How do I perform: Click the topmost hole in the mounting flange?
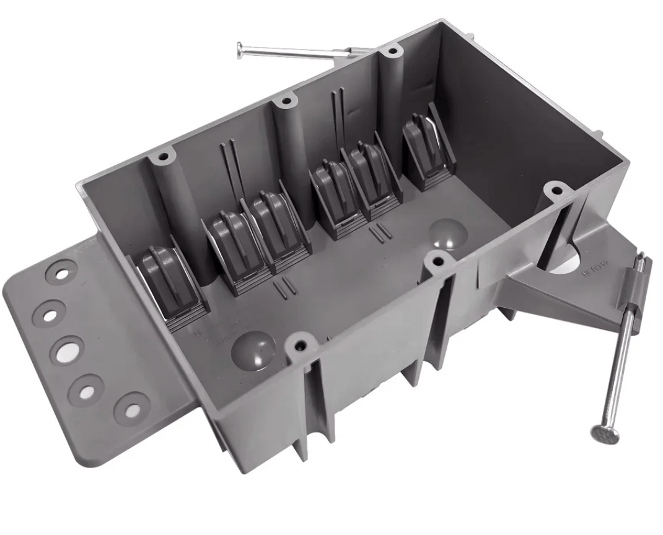(62, 272)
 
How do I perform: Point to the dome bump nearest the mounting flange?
(253, 350)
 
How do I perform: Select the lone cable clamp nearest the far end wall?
(426, 147)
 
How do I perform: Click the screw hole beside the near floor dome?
(301, 342)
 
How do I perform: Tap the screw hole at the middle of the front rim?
(437, 262)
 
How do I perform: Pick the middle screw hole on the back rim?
(284, 102)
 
